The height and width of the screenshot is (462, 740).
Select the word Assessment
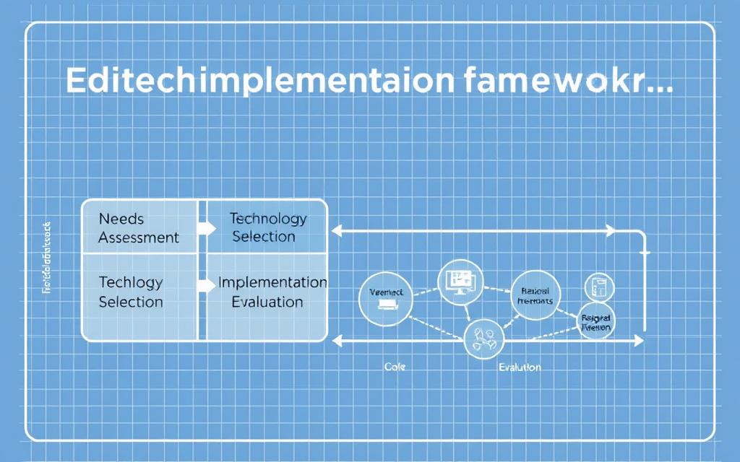[x=138, y=237]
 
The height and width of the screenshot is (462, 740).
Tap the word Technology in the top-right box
[x=267, y=218]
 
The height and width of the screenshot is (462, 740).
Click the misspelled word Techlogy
[x=130, y=282]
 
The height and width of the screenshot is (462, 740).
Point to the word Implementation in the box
[x=272, y=282]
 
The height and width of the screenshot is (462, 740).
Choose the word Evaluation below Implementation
[x=267, y=301]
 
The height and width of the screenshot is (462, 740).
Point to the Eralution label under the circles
[x=519, y=367]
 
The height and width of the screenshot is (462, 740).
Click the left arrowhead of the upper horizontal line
[x=335, y=231]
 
